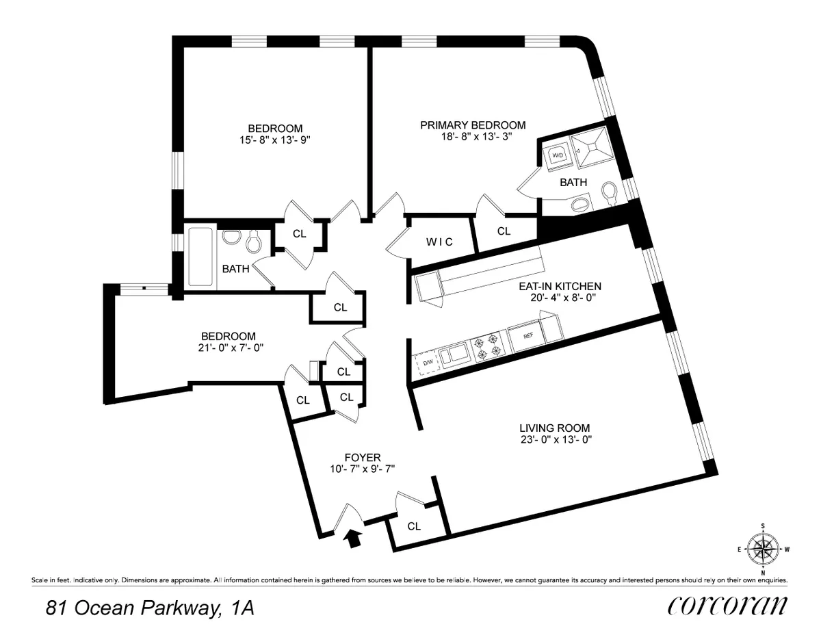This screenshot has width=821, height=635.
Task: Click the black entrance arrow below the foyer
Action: (353, 539)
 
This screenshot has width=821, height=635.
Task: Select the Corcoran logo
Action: (727, 607)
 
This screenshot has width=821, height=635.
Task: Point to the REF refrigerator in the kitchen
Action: (528, 337)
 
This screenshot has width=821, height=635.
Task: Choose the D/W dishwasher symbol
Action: (427, 363)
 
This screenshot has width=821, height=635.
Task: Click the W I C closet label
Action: (438, 242)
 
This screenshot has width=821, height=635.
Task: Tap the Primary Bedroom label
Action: (473, 125)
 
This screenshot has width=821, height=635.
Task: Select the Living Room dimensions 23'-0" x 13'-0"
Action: (554, 440)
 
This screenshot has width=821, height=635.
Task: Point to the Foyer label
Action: (362, 457)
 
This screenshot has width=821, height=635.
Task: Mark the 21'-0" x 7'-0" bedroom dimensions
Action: (228, 348)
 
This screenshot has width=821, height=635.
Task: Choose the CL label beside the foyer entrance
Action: (414, 526)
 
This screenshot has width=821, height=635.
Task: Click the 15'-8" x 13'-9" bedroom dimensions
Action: (274, 140)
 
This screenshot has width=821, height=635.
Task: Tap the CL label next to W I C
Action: (504, 231)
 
